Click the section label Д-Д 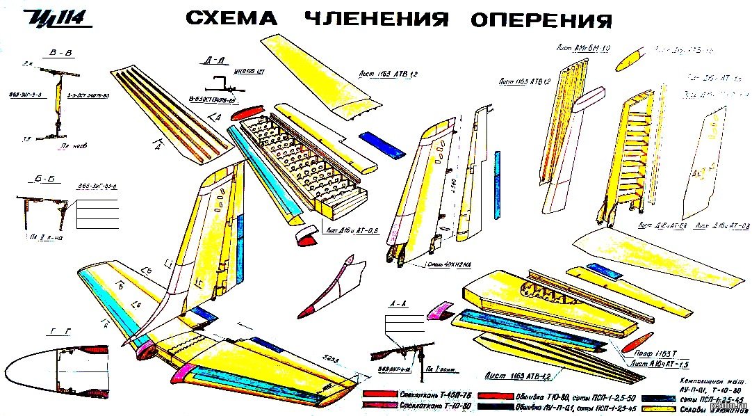tap(215, 61)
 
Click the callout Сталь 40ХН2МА tap(450, 264)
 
